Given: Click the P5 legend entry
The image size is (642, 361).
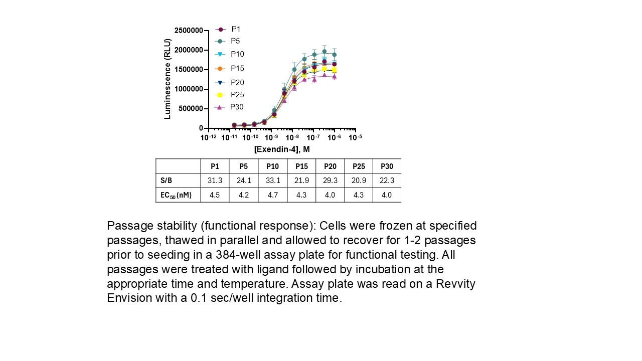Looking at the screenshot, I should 235,41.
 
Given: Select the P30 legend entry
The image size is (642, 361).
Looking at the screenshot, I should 236,107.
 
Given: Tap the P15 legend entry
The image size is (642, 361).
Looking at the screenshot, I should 237,68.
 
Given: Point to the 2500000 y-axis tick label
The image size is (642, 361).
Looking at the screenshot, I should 189,31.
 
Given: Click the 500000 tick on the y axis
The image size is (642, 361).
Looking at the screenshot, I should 191,109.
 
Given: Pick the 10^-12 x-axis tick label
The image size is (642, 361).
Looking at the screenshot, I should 209,137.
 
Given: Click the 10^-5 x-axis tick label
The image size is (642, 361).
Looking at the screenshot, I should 355,137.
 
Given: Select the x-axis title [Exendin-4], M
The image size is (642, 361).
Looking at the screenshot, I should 282,149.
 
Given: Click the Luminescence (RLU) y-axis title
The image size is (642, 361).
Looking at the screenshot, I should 168,79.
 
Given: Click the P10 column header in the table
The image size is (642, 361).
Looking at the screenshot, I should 272,166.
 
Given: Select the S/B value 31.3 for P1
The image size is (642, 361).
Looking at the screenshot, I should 215,180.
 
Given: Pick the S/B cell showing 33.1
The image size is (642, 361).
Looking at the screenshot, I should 272,180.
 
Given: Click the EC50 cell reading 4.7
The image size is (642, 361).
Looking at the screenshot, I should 272,195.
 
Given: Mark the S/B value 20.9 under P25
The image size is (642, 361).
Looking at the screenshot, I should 359,180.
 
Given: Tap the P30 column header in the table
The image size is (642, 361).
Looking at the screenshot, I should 387,166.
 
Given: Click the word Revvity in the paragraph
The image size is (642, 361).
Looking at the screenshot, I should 455,284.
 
